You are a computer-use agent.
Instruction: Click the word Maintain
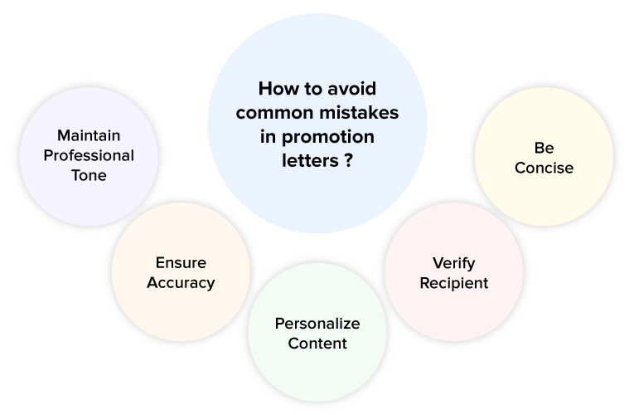89,134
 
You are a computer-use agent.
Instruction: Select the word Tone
89,176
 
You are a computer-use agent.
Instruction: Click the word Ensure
181,261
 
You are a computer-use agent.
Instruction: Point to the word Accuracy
181,282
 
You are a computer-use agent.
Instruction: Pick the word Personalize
317,323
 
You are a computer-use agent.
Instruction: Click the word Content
317,344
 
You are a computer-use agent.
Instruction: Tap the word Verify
453,263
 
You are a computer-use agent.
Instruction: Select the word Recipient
453,284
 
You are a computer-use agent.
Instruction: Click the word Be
544,148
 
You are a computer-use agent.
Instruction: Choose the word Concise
544,168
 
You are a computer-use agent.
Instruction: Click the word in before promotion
267,136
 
